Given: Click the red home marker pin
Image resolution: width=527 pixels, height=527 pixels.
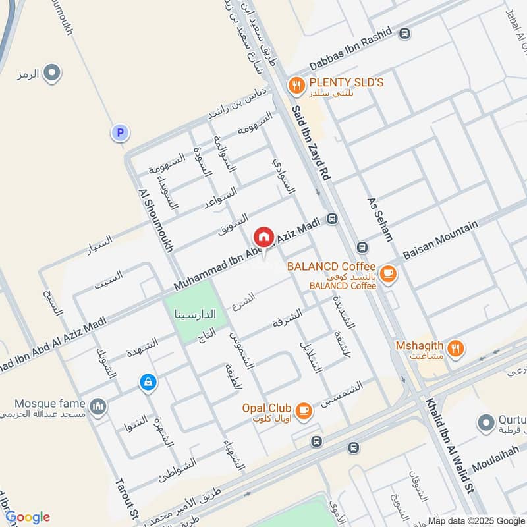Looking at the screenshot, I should [x=263, y=236].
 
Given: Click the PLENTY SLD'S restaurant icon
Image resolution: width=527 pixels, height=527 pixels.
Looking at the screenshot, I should [x=296, y=84].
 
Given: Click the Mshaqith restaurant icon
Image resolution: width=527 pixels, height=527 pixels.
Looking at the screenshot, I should [x=455, y=347].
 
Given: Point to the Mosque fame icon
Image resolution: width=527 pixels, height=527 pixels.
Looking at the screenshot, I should [x=98, y=406].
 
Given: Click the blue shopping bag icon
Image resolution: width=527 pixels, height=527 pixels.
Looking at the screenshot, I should [x=148, y=382].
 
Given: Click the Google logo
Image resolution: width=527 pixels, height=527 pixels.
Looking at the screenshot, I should [x=27, y=516].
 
